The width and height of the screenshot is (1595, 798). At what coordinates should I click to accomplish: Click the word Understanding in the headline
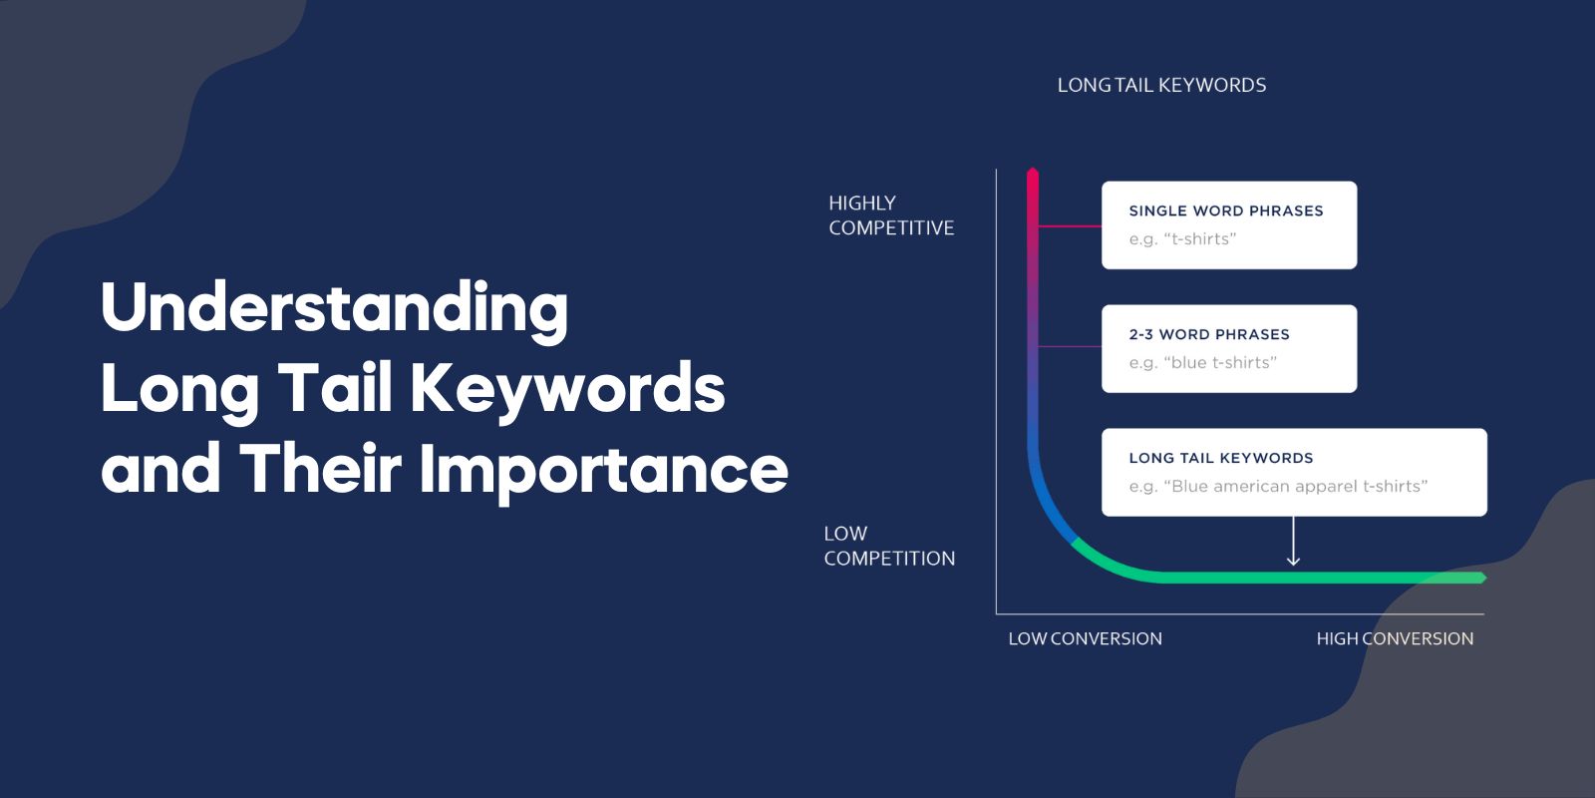[x=334, y=309]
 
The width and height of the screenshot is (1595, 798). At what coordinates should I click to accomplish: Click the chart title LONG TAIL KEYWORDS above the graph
[x=1161, y=86]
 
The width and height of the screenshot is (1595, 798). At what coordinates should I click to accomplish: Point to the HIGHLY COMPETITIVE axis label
[x=891, y=215]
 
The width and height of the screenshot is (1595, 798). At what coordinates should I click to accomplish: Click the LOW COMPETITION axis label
[x=889, y=546]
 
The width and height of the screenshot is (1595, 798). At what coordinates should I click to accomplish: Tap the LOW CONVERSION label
[x=1085, y=638]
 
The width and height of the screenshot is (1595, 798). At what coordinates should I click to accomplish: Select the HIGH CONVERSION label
[x=1395, y=638]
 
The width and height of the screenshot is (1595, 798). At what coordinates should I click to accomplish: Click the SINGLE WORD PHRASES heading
[x=1226, y=210]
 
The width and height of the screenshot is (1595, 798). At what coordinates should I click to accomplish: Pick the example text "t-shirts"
[x=1183, y=239]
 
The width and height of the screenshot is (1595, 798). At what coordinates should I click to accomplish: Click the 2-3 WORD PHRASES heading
[x=1209, y=334]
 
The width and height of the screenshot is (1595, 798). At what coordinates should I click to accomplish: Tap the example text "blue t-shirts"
[x=1203, y=363]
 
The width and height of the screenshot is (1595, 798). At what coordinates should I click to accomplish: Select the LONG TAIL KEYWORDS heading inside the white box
[x=1221, y=458]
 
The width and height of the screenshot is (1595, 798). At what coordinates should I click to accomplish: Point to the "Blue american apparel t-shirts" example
[x=1278, y=487]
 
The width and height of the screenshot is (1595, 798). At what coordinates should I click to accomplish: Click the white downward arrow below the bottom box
[x=1293, y=544]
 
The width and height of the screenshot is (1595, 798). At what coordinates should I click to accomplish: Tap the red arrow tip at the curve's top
[x=1033, y=175]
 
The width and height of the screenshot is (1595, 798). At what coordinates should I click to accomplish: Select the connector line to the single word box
[x=1070, y=226]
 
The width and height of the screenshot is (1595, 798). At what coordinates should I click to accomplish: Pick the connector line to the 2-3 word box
[x=1070, y=347]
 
